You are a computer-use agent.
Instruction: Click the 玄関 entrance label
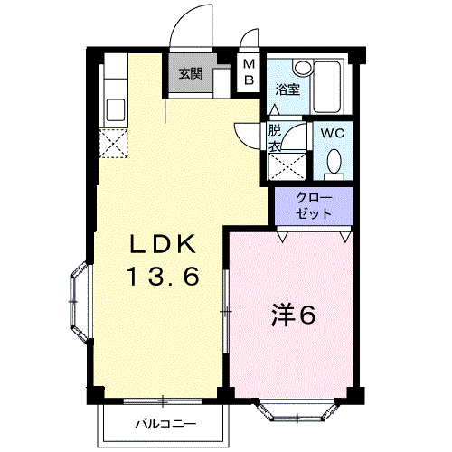click(x=190, y=73)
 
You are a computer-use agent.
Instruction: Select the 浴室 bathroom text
click(x=287, y=89)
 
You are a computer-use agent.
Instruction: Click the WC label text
click(x=334, y=133)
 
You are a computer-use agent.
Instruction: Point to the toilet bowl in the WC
click(x=334, y=161)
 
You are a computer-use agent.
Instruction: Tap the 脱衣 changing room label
click(x=275, y=137)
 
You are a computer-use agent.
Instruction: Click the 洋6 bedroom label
click(x=293, y=316)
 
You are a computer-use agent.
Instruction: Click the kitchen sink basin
click(x=116, y=110)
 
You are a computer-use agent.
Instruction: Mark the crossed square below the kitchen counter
click(x=115, y=143)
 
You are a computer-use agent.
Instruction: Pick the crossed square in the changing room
click(x=287, y=167)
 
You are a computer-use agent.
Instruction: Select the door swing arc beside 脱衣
click(x=246, y=132)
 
